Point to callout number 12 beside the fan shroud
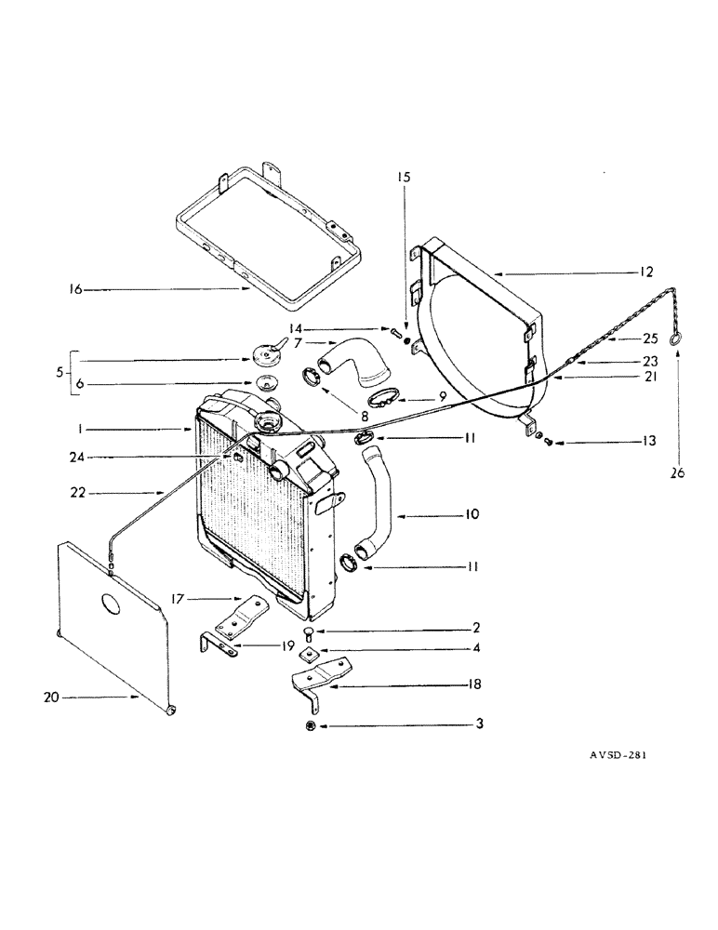tap(645, 272)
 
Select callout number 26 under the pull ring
tap(676, 472)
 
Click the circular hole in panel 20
tap(110, 605)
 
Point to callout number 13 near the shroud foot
tap(645, 442)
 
